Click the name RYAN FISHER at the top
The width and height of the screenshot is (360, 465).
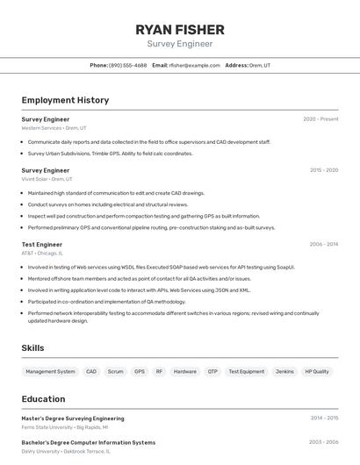[179, 29]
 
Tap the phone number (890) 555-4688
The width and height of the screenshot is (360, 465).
[127, 65]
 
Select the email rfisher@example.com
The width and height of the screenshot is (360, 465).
[194, 65]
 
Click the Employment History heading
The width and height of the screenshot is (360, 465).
[65, 100]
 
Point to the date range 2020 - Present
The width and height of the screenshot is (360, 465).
[320, 118]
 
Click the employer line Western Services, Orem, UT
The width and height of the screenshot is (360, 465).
[54, 128]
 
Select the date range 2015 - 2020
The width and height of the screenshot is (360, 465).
[323, 170]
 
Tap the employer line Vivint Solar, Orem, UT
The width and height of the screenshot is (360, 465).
[47, 179]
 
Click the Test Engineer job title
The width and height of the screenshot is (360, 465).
[41, 244]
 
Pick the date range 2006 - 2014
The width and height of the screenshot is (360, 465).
[323, 244]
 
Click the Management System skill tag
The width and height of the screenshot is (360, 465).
[50, 371]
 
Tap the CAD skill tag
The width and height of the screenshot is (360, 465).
[91, 371]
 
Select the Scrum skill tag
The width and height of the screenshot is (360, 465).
[115, 371]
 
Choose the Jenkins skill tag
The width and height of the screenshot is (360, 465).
[284, 371]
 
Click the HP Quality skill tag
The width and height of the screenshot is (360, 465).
[316, 371]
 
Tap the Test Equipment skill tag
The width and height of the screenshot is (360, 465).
[246, 371]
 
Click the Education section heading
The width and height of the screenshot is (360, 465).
[43, 398]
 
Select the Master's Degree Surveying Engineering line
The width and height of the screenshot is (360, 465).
[73, 418]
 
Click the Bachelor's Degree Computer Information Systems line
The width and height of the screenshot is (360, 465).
[88, 442]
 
